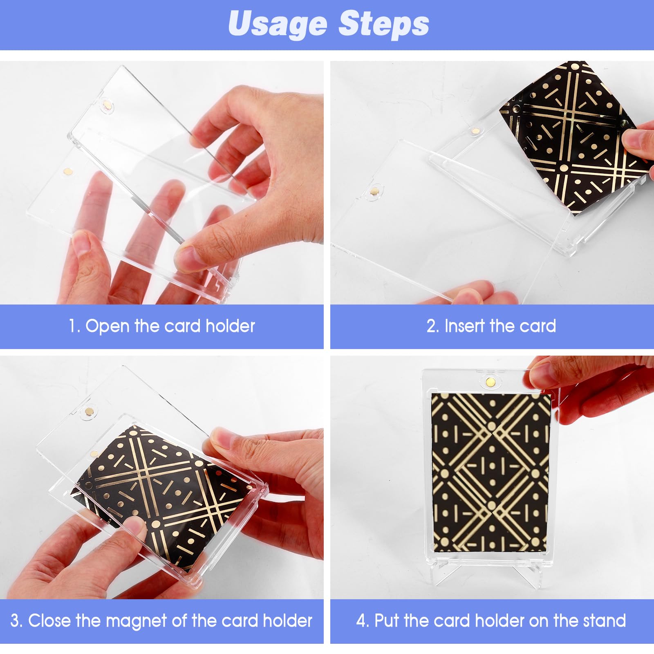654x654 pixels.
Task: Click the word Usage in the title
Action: click(278, 24)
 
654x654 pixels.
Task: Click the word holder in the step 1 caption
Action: click(230, 326)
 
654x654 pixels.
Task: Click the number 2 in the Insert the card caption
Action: click(432, 326)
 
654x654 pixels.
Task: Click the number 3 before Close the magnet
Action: click(15, 621)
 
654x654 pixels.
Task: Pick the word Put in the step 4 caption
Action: click(387, 621)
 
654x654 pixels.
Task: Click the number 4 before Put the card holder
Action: click(361, 621)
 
